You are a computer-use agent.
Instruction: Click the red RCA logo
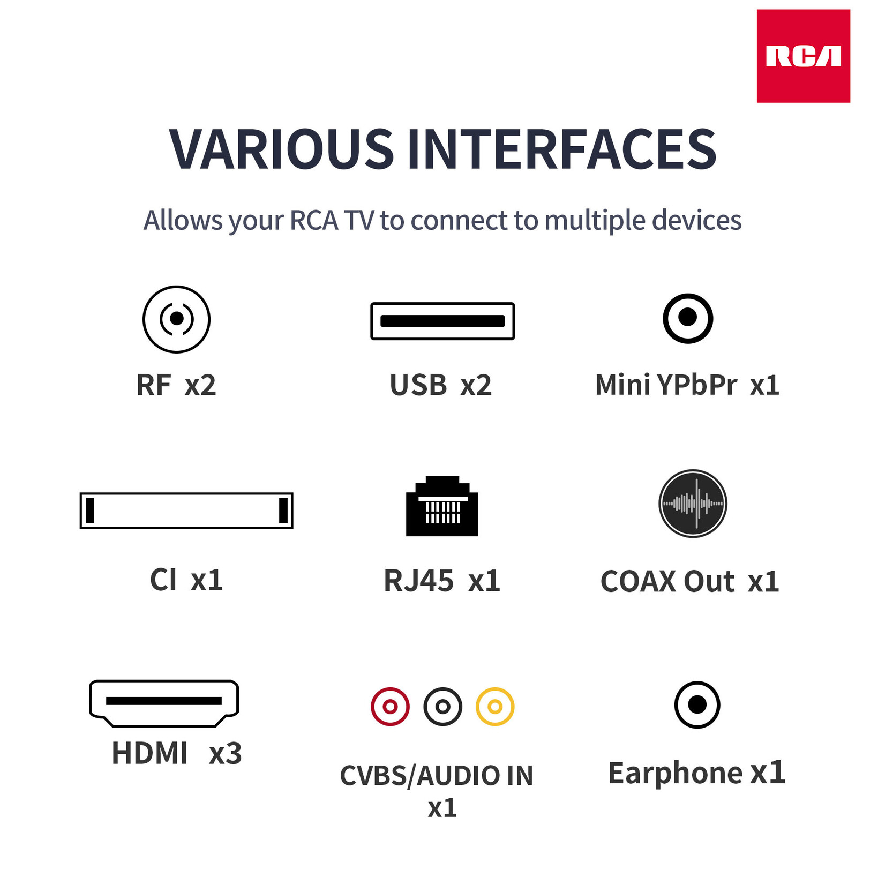point(802,56)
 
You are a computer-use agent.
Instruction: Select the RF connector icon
point(176,319)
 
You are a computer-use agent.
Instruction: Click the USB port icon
point(442,321)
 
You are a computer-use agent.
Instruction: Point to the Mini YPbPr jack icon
point(687,318)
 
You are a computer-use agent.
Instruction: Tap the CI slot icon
point(186,510)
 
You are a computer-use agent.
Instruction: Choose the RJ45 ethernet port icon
point(442,506)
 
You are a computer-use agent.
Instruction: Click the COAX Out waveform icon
point(692,504)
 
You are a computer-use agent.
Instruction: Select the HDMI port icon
point(164,702)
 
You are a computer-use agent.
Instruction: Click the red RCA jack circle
point(390,707)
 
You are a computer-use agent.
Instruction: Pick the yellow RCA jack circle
point(495,707)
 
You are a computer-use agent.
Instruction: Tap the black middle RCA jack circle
point(442,707)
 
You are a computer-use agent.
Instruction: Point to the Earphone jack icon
point(697,704)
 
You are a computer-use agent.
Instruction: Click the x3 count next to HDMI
point(225,753)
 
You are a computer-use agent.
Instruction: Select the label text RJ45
point(418,581)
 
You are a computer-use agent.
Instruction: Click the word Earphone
point(675,772)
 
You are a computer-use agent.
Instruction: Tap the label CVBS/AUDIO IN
point(437,775)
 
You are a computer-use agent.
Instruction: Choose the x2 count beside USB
point(476,385)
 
